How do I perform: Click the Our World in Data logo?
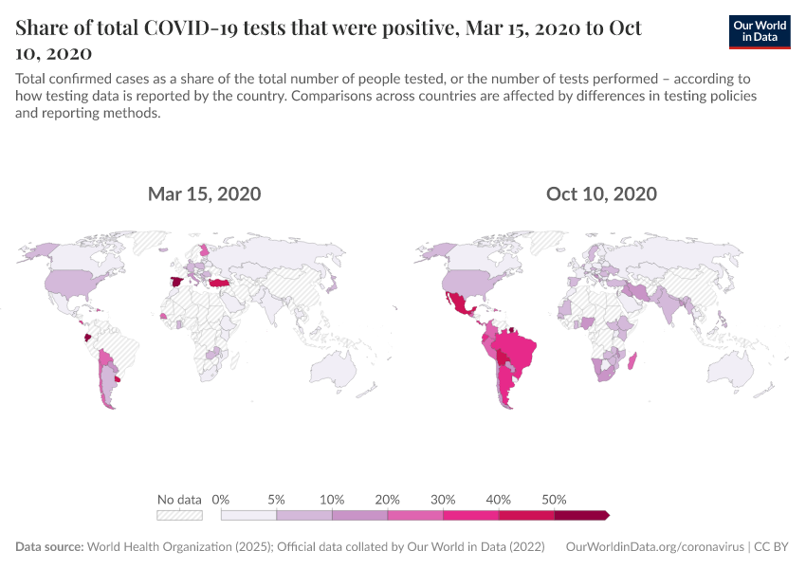pos(760,31)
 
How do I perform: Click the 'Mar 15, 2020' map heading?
pos(204,194)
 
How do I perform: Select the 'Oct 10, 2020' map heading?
pos(601,194)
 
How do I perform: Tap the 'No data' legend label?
pos(179,500)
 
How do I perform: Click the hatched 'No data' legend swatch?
pos(179,515)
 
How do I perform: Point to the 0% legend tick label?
pos(221,500)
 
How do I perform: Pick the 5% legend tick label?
pos(277,500)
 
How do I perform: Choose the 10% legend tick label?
pos(332,500)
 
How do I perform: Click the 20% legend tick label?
pos(388,500)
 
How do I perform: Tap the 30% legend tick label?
pos(443,500)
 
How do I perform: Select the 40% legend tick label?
pos(499,500)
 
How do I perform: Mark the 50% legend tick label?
pos(554,500)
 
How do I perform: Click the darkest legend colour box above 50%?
pos(580,515)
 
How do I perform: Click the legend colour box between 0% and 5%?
pos(248,515)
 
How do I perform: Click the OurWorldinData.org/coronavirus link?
pos(653,547)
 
